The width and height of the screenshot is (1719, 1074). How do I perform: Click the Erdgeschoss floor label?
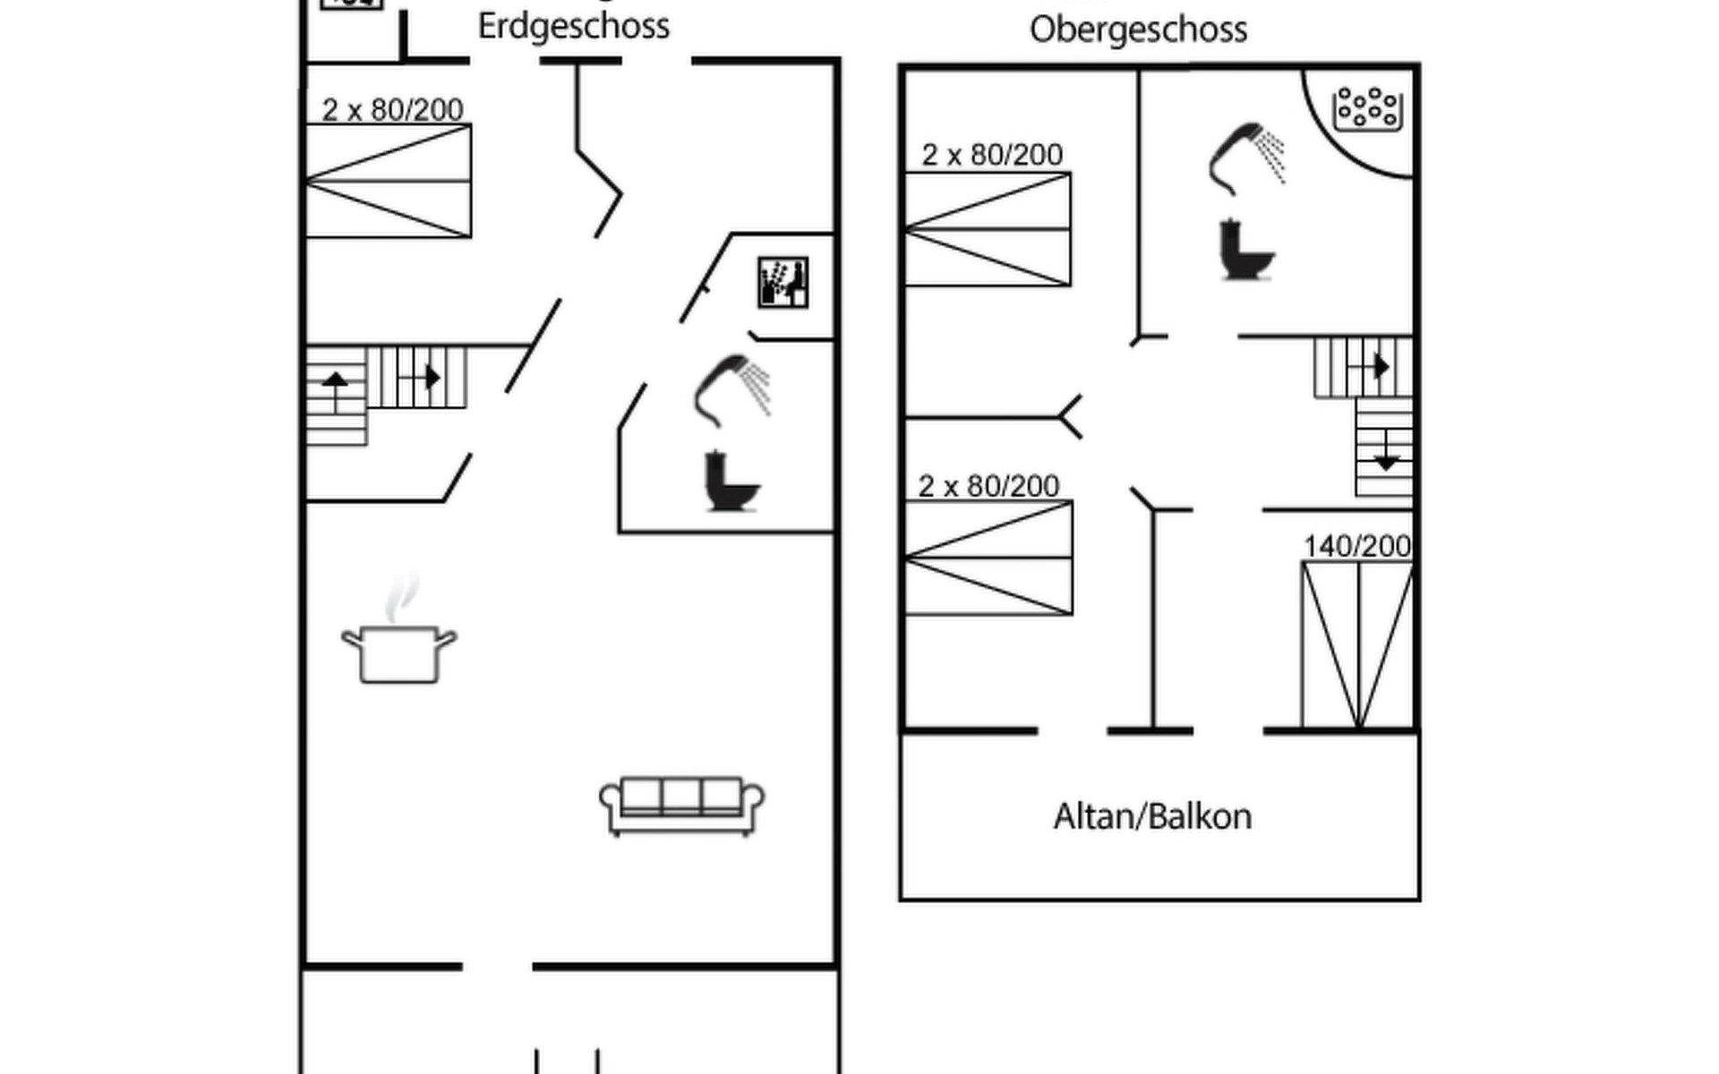pos(573,26)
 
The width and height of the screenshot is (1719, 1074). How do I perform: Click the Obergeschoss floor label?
pos(1138,30)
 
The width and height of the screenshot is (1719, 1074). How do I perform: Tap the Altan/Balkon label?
pos(1152,816)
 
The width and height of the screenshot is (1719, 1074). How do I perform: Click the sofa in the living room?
pos(681,805)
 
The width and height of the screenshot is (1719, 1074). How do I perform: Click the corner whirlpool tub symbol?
pos(1367,109)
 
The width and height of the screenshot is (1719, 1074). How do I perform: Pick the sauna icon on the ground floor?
pos(783,282)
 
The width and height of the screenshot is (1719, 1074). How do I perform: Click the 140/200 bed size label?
pos(1357,546)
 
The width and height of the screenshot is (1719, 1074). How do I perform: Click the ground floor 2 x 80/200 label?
pos(392,110)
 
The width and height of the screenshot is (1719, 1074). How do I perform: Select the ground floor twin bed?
pos(389,181)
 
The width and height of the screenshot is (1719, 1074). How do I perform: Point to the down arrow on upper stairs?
pos(1386,462)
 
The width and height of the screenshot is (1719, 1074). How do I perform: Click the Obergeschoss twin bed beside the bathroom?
pos(988,229)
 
